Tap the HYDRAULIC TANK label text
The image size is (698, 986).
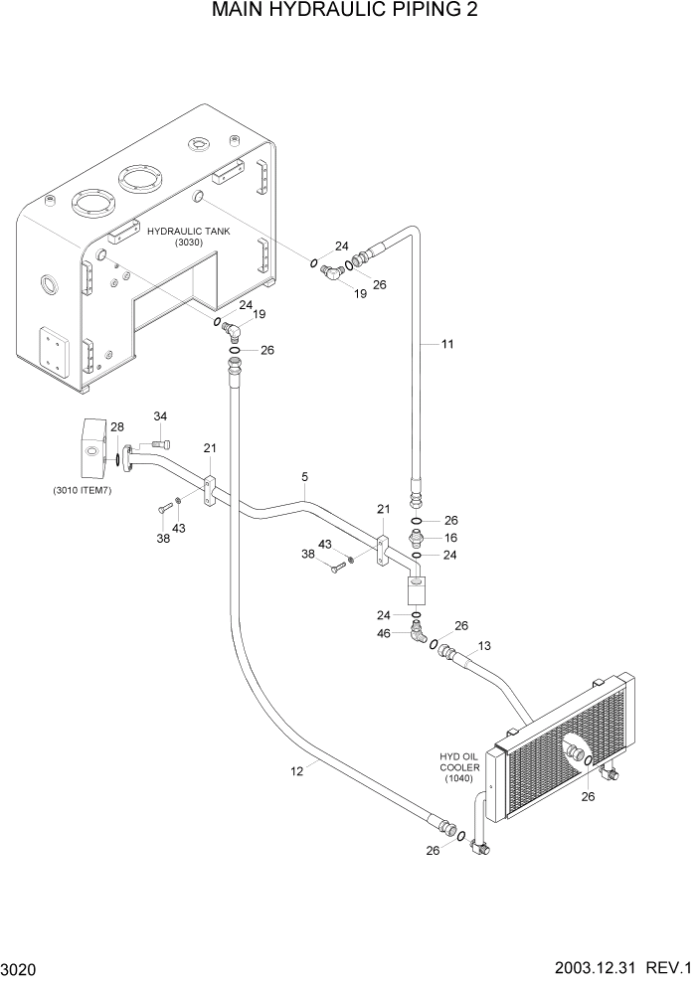[187, 231]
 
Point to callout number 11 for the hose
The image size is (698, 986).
[447, 344]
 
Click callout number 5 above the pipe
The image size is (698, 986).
[304, 478]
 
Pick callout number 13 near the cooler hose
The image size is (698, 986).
[484, 646]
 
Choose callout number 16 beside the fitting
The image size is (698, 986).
[449, 538]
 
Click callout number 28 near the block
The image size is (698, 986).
[117, 427]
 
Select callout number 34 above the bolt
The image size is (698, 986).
[160, 415]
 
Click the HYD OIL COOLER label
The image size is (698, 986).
[459, 767]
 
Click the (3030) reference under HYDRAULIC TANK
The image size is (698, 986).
[187, 243]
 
